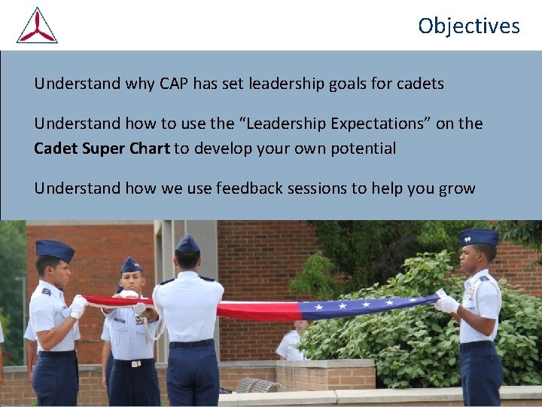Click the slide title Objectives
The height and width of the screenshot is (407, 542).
click(468, 26)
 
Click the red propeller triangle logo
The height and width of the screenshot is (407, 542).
click(37, 26)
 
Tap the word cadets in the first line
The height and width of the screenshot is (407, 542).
click(419, 84)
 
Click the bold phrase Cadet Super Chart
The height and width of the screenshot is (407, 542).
click(102, 148)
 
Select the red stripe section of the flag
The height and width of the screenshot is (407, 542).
click(256, 309)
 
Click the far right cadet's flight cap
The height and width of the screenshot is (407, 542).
click(479, 237)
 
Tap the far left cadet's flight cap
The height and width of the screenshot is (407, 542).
click(55, 249)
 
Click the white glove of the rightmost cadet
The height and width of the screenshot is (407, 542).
click(447, 303)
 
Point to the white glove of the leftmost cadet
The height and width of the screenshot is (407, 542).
click(78, 305)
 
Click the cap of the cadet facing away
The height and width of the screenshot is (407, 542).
click(187, 243)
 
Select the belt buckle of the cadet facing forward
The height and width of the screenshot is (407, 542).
click(136, 363)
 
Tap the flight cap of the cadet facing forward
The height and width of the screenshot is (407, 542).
click(131, 265)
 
